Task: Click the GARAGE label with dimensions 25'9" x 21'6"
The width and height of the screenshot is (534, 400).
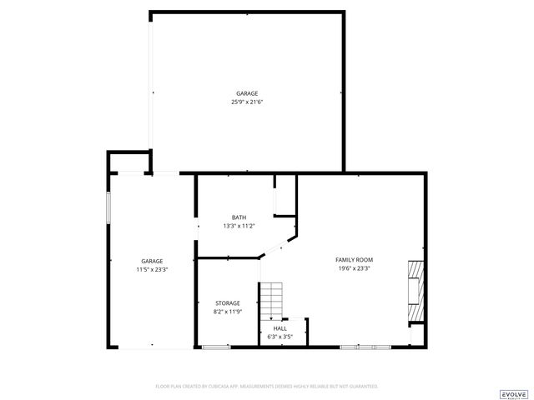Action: coord(246,93)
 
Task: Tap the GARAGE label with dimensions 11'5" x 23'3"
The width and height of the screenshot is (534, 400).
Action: coord(152,261)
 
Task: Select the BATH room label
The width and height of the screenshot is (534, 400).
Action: coord(239,217)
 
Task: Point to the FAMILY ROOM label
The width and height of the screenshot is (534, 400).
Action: coord(354,260)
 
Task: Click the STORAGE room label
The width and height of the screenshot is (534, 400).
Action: coord(228,302)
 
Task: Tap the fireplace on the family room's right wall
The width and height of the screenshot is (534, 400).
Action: coord(416,292)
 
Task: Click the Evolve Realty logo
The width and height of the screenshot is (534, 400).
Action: coord(513,394)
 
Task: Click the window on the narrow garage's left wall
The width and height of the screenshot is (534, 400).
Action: coord(108,208)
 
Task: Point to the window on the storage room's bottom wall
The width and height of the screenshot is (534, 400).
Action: coord(215,347)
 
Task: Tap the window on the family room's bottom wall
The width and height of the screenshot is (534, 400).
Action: coord(365,347)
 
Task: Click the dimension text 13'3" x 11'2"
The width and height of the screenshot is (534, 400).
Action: coord(239,226)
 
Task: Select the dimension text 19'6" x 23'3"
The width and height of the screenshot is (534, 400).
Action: coord(354,268)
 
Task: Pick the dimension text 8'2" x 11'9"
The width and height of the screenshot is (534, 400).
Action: coord(228,311)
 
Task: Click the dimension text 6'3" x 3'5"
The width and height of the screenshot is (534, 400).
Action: coord(280,337)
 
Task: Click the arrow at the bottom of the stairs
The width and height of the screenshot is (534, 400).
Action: coord(272,317)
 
